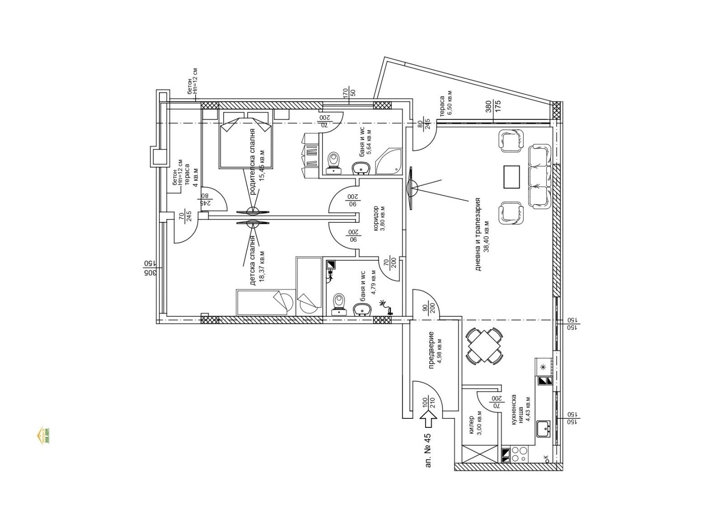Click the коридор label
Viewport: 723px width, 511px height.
coord(379,219)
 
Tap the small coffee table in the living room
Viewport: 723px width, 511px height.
coord(512,177)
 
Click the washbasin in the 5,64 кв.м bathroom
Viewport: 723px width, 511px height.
coord(361,168)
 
